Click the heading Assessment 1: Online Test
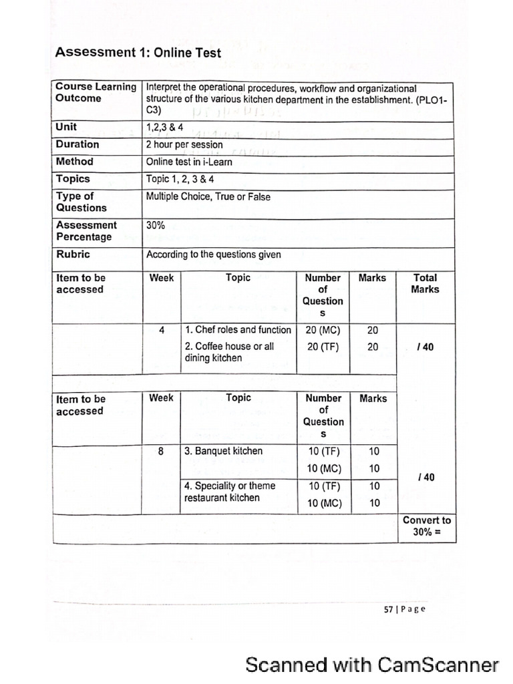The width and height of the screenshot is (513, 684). [x=138, y=52]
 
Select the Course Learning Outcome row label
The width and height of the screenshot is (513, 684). [x=96, y=92]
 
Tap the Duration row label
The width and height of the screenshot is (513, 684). [x=77, y=144]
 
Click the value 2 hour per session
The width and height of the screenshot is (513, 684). [x=184, y=144]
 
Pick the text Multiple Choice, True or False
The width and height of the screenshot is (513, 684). [x=208, y=197]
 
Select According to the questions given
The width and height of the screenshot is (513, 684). [x=213, y=254]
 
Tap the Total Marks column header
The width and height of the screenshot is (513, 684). [x=425, y=283]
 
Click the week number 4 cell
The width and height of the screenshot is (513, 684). [x=162, y=330]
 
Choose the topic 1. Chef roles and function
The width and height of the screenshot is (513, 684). [x=238, y=330]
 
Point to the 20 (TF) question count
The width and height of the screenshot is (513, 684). [x=323, y=347]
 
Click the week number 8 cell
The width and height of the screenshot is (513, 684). [x=161, y=451]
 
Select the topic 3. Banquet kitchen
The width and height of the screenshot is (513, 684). [x=223, y=451]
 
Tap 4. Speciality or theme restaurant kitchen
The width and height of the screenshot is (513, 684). [x=229, y=492]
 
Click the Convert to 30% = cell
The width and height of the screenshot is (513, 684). [x=426, y=526]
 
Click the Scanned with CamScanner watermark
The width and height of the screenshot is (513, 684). [x=371, y=665]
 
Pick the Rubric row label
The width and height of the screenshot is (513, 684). [x=73, y=254]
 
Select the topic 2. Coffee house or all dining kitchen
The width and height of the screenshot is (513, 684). [x=229, y=352]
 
